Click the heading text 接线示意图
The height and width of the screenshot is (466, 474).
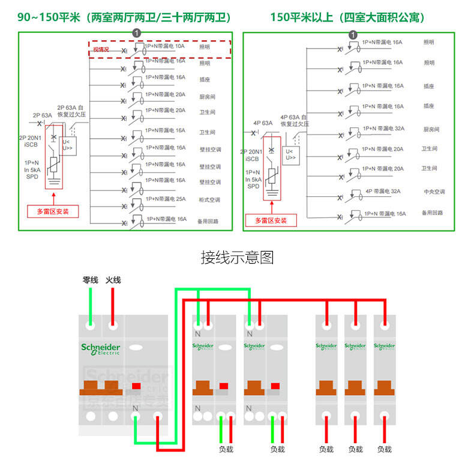(x=236, y=258)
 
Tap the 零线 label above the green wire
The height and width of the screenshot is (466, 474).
(x=90, y=280)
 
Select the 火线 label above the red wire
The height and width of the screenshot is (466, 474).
(x=113, y=280)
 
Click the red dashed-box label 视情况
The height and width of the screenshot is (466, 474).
(x=101, y=49)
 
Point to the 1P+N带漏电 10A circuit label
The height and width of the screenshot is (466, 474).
(x=164, y=46)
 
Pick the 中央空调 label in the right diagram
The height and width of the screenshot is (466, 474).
(x=434, y=192)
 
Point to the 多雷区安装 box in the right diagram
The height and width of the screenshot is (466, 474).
(x=271, y=220)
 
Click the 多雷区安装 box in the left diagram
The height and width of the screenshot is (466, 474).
(x=53, y=211)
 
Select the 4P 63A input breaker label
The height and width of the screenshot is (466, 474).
(x=263, y=123)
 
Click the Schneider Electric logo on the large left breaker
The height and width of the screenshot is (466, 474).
(x=101, y=349)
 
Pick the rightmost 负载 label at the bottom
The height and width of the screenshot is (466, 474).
(x=384, y=449)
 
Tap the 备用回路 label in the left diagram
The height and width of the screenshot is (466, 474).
(x=208, y=222)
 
